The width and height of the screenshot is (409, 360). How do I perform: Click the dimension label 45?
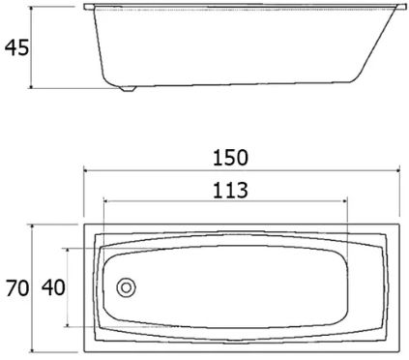[x=16, y=47]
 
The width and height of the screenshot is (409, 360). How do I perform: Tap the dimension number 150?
[x=230, y=158]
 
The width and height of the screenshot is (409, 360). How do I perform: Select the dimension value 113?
[x=230, y=191]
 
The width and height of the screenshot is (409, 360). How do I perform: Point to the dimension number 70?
[x=17, y=288]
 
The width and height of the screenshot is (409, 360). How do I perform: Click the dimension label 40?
[x=53, y=287]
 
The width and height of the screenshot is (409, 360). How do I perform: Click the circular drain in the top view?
[x=126, y=287]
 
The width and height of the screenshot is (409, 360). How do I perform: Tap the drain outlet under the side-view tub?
[x=128, y=88]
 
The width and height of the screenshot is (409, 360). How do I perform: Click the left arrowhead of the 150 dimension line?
[x=86, y=170]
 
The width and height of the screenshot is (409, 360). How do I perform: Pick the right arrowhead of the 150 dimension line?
[x=397, y=170]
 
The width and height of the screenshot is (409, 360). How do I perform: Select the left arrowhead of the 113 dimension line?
[x=105, y=201]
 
